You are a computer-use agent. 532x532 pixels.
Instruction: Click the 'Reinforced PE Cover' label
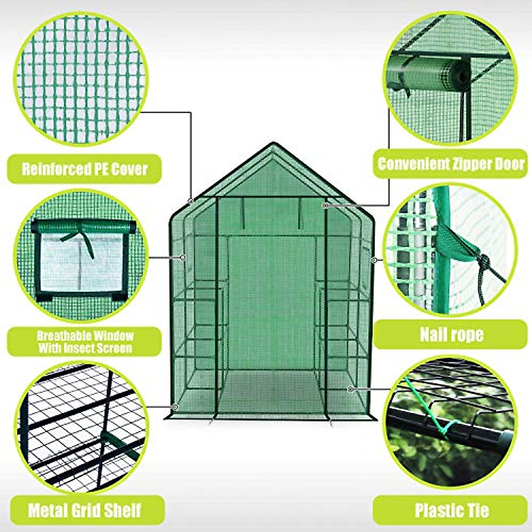pos(84,169)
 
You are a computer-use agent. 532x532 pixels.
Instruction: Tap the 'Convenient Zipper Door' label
pos(450,164)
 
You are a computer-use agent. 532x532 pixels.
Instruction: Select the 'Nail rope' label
pos(451,334)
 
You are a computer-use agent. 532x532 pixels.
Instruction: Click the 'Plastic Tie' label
pos(451,510)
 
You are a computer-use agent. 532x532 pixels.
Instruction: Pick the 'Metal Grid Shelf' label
pos(84,510)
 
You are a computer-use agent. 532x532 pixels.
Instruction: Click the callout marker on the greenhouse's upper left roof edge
pos(191,201)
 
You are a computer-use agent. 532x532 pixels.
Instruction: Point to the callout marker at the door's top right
pos(325,206)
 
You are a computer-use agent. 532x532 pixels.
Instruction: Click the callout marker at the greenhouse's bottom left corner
pos(175,407)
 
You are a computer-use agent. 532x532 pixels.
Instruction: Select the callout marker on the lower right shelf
pos(350,389)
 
